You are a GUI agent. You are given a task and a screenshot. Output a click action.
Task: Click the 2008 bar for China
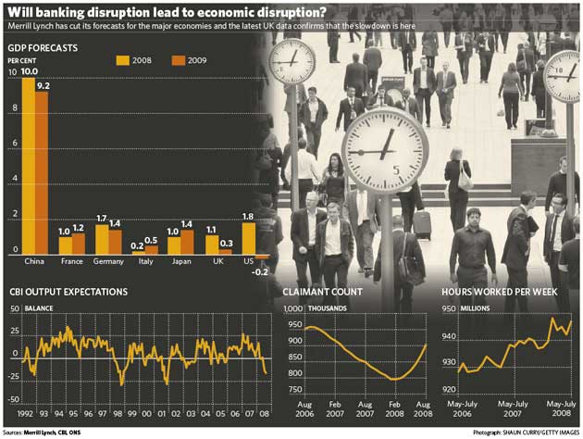coord(28,167)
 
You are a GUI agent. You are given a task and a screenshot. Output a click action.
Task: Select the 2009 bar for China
coord(42,171)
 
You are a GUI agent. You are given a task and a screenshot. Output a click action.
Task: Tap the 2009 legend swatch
coord(180,60)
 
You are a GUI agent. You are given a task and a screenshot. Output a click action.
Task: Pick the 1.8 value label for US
coord(249,216)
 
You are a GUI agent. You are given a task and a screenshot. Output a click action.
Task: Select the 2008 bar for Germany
coord(102,239)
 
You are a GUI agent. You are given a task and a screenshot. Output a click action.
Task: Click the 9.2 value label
coord(43,85)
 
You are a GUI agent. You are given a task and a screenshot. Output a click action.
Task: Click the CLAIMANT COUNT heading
coord(322,292)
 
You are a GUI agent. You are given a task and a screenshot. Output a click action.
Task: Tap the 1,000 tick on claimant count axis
coord(292,308)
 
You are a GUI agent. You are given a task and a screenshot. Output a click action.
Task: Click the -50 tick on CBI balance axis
coord(13,399)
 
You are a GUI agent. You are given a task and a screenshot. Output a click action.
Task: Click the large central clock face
coord(385,150)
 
